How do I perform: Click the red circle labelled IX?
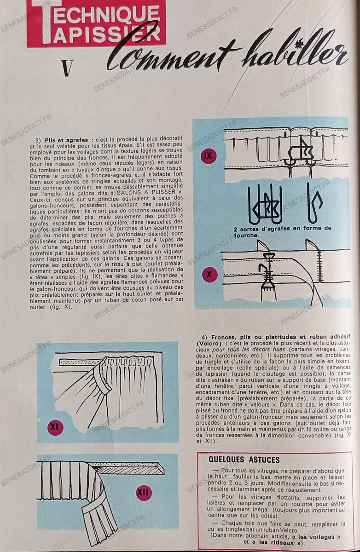pos(209,156)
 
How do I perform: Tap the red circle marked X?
pos(209,274)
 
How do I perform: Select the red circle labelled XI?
pos(54,427)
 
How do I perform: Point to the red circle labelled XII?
pos(143,492)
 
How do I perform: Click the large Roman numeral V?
pos(68,69)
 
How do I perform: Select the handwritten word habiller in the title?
pos(296,53)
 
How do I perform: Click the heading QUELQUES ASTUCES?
pos(244,460)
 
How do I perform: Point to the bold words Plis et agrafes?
pos(66,140)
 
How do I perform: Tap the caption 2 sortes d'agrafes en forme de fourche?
pos(282,232)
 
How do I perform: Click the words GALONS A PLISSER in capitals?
pos(146,192)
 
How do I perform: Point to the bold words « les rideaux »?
pos(279,542)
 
